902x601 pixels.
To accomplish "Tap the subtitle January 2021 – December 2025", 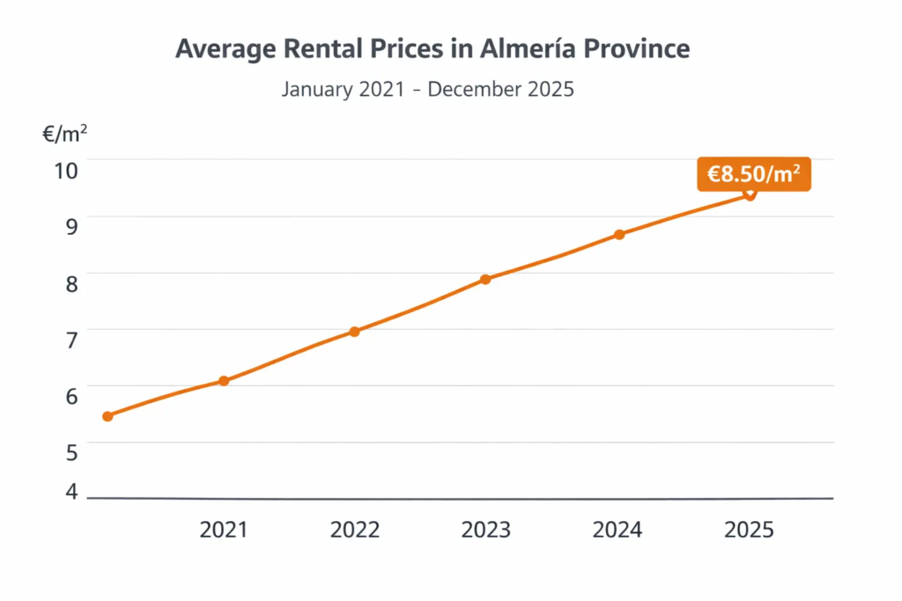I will coord(428,89).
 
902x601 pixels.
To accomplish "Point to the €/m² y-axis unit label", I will coord(64,134).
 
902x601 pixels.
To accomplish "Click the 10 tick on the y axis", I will coord(66,169).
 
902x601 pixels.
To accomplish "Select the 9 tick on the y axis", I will coord(70,224).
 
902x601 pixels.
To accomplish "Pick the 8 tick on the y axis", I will coord(70,283).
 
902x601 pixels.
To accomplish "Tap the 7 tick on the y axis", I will coord(70,339).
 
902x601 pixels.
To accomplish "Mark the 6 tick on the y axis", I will coord(70,395).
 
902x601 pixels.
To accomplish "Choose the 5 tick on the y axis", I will coord(70,451).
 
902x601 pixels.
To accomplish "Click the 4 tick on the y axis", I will coord(70,491).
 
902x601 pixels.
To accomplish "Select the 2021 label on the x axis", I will coord(224,530).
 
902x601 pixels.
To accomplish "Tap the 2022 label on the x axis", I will coord(355,530).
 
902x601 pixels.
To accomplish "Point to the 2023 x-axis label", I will coord(485,530).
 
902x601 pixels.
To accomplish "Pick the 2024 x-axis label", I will coord(617,530).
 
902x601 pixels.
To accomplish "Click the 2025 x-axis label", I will coord(749,530).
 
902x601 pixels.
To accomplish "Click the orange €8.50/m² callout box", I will coord(754,174).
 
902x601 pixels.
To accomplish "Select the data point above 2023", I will coord(485,279).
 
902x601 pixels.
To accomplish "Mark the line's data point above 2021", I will coord(224,381).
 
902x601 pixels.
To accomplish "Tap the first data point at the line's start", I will coord(107,416).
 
